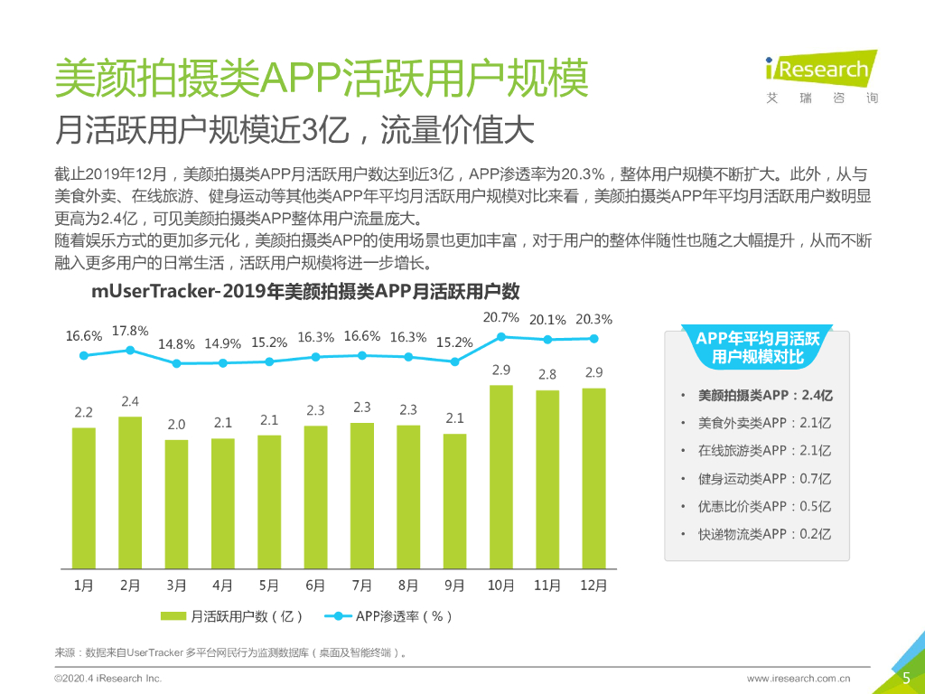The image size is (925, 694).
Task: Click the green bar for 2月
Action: [130, 492]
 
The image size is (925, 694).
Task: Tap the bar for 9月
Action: [454, 501]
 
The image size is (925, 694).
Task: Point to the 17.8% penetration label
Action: [130, 331]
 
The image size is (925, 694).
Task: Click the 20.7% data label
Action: [501, 317]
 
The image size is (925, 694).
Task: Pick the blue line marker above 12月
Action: [593, 339]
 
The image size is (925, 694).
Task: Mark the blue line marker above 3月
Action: [176, 363]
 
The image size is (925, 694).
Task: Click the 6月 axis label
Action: [315, 586]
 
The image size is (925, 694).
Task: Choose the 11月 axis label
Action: [547, 586]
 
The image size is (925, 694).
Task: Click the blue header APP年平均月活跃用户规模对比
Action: [757, 348]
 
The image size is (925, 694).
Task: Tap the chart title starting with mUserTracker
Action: [305, 292]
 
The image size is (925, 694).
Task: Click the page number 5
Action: [906, 677]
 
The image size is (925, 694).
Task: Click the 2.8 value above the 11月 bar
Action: [547, 374]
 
